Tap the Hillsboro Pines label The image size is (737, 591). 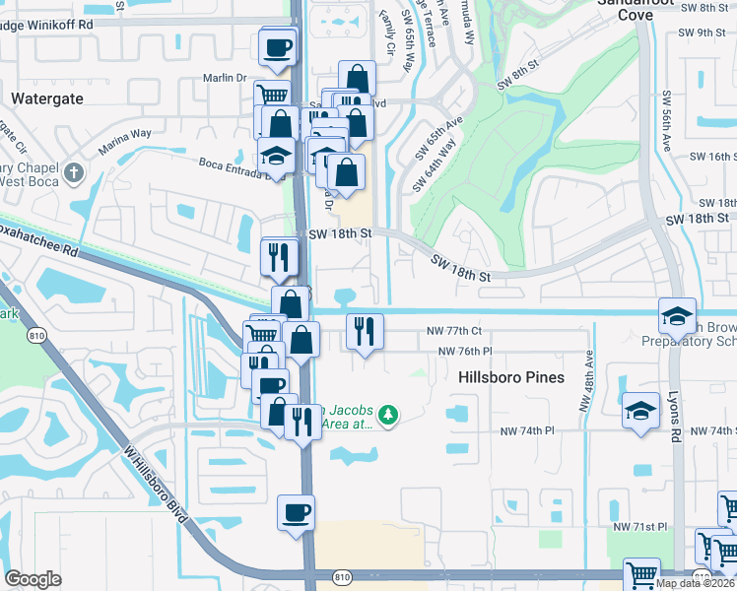point(511,377)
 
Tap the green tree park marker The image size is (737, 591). point(389,415)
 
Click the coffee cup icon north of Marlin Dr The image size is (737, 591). point(278,46)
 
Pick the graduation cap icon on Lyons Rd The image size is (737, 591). point(677,315)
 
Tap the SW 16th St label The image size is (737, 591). point(712,157)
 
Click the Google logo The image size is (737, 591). point(33,579)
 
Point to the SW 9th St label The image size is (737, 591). point(715,33)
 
